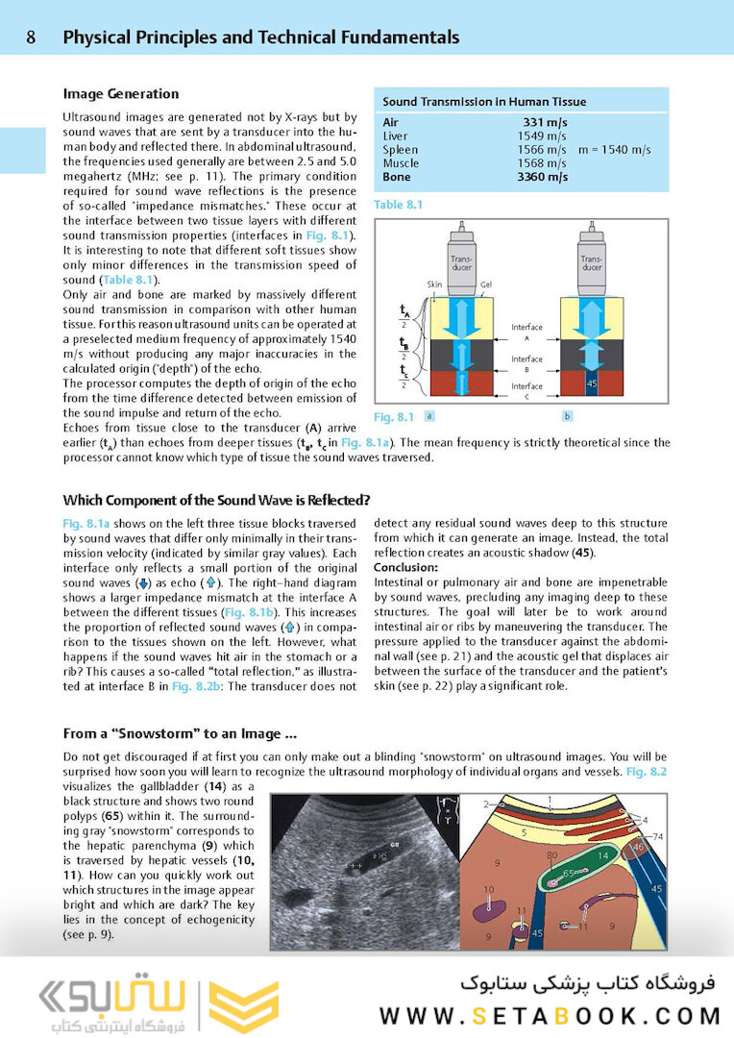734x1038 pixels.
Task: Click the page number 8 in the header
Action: point(32,38)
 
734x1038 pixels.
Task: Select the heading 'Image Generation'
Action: point(120,94)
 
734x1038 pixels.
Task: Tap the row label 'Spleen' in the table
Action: point(400,150)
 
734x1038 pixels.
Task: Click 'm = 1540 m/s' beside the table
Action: point(615,150)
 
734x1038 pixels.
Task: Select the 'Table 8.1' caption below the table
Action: point(398,205)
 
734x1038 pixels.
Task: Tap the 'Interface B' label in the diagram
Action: point(526,363)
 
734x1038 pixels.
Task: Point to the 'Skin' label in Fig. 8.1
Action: point(433,284)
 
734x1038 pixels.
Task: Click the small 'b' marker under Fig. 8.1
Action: point(566,416)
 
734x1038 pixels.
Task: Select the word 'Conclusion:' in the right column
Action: point(405,568)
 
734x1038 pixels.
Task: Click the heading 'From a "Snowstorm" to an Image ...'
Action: point(180,734)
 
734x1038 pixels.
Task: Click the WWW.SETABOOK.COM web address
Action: point(550,1015)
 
